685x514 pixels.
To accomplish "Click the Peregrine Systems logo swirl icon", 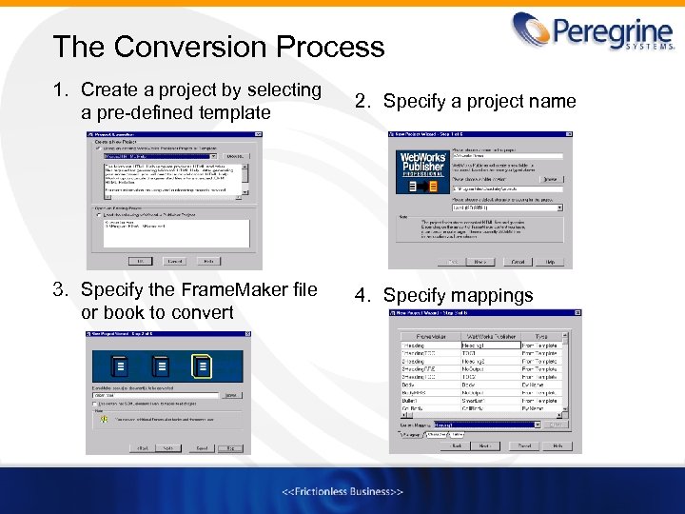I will click(532, 30).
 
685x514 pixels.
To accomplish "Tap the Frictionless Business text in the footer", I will click(342, 491).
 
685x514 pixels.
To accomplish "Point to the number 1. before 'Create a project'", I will click(62, 90).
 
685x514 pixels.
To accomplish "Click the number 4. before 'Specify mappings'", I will click(363, 295).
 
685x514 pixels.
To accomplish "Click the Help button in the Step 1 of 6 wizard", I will click(548, 261).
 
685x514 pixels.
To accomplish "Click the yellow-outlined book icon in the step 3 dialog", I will click(202, 366).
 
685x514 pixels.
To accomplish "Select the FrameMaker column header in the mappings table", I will click(425, 337).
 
